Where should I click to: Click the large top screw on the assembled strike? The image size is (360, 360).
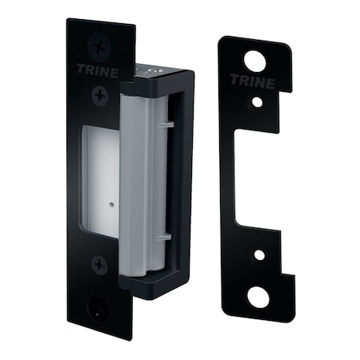tap(99, 45)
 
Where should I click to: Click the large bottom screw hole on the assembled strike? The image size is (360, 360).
tap(98, 306)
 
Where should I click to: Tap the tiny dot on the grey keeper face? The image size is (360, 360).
tap(110, 203)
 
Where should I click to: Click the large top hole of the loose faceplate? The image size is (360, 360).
tap(254, 60)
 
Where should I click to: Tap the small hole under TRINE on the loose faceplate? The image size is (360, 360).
tap(256, 102)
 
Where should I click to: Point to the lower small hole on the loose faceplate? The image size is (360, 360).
tap(258, 254)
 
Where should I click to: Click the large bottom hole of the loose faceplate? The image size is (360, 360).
tap(258, 296)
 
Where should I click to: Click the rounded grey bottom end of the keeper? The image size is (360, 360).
tap(140, 268)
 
